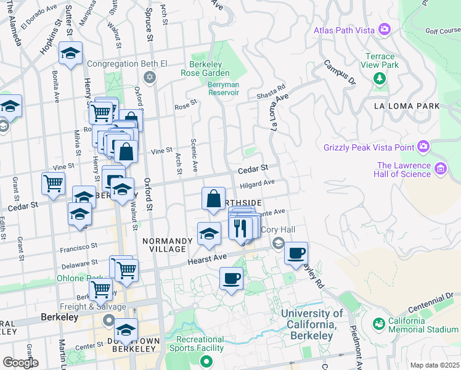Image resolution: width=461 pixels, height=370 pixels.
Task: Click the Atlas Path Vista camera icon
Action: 385,29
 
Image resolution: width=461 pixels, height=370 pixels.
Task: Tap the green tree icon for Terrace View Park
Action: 379,78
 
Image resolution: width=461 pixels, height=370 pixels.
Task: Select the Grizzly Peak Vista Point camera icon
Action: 423,147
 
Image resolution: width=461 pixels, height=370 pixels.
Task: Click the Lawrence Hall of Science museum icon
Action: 440,168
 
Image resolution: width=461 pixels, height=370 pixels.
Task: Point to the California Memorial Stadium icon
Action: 378,323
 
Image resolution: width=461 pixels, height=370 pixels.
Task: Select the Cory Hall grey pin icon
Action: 279,242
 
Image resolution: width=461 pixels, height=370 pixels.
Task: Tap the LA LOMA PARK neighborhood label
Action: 407,106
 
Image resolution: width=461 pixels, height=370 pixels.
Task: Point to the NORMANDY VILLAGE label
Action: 164,244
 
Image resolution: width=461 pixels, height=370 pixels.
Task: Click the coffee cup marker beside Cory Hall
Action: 296,253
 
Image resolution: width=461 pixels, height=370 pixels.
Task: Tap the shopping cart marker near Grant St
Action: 54,183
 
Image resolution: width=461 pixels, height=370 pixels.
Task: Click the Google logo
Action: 21,363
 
